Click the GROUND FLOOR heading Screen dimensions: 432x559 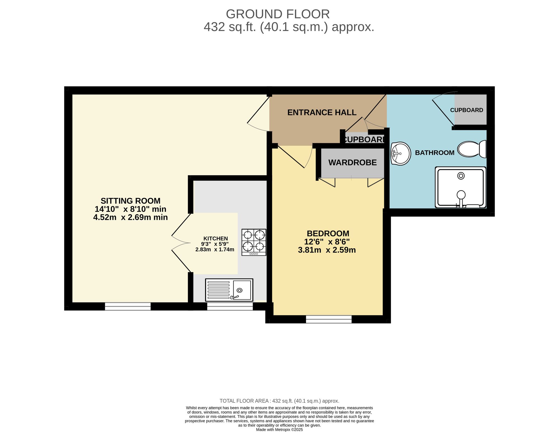click(278, 14)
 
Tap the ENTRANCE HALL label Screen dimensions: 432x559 click(322, 112)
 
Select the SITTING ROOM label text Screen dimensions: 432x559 click(130, 201)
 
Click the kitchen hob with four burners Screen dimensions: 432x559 click(254, 242)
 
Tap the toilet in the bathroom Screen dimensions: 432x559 click(472, 149)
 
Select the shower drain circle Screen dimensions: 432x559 click(461, 176)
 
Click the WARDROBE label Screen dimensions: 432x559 click(352, 162)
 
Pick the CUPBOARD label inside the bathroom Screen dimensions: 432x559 click(466, 110)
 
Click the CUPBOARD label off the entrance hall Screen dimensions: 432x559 click(364, 140)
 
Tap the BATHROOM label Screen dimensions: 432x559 click(435, 153)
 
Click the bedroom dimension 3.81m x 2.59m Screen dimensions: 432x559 click(327, 250)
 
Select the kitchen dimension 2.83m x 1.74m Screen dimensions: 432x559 click(215, 249)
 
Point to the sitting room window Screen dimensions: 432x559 click(128, 306)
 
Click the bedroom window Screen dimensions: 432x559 click(329, 319)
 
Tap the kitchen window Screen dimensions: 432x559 click(230, 306)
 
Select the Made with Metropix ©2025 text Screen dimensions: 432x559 click(279, 430)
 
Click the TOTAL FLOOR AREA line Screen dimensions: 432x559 click(279, 401)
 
